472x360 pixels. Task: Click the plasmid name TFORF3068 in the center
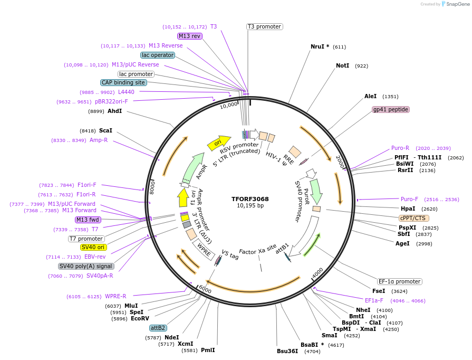tap(250, 199)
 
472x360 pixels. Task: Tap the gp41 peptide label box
tap(391, 109)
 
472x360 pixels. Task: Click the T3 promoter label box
tap(264, 26)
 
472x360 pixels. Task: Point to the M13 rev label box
tap(189, 36)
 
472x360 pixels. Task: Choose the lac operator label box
tap(157, 55)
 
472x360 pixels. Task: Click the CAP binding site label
tap(123, 82)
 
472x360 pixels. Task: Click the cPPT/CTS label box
tap(413, 218)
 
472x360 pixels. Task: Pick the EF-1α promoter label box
tap(399, 281)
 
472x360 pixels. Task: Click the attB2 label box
tap(158, 328)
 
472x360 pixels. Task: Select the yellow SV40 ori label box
tap(93, 247)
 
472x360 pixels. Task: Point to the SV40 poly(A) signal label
tap(85, 266)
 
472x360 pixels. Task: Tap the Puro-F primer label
tap(409, 199)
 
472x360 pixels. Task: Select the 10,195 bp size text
tap(250, 206)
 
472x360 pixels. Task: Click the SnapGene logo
tap(453, 4)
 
